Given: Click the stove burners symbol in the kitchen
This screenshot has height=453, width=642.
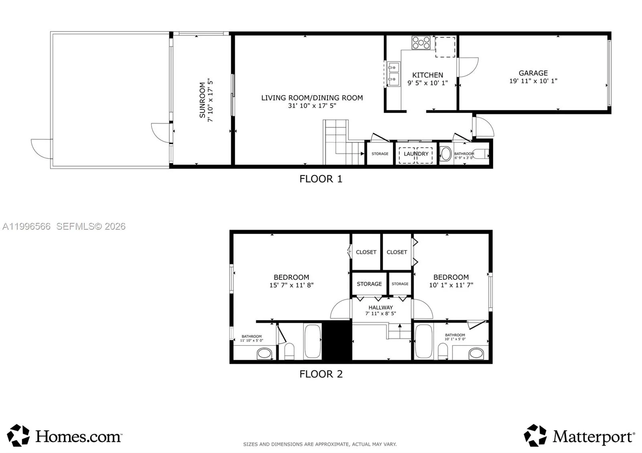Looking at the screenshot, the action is tap(421, 42).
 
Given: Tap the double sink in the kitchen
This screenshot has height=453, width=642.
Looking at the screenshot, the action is tap(394, 74).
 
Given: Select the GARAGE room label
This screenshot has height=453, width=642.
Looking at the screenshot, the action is tap(533, 73).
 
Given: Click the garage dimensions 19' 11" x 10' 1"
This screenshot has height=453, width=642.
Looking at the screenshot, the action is tap(533, 81).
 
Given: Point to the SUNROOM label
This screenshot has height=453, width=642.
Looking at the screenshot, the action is tap(202, 100).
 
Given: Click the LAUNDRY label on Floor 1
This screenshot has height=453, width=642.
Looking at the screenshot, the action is tap(416, 154).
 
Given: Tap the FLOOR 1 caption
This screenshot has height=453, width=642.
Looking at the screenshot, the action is tap(321, 179).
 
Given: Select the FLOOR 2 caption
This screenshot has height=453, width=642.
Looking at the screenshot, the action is tap(321, 374).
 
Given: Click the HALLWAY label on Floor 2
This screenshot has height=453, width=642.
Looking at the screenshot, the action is tap(381, 307).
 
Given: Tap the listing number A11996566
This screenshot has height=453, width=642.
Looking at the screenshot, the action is tap(26, 226).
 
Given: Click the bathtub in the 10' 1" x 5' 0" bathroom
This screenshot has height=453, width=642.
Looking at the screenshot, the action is tap(424, 341).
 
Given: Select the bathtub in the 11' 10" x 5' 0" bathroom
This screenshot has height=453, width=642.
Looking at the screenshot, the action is tap(313, 341).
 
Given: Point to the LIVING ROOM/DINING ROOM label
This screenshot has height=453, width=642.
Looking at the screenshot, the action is tap(312, 98).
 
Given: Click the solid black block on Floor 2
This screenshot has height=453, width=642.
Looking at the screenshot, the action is tap(337, 340).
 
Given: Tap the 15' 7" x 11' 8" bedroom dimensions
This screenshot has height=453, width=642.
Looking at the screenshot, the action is tap(291, 285).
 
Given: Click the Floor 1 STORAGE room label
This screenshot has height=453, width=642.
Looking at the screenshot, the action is tap(380, 154).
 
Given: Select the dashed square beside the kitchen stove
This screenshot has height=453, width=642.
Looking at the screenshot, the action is tap(445, 47).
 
